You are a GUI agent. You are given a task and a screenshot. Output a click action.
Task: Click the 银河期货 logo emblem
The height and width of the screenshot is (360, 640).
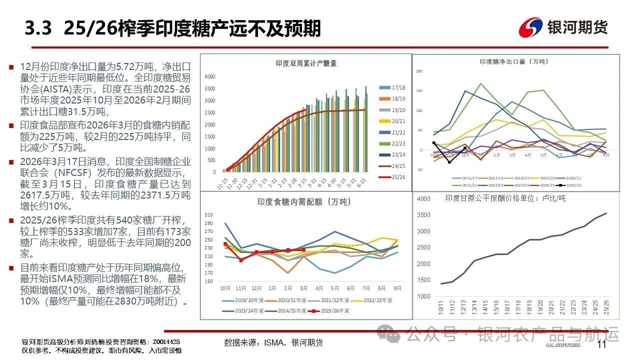pyautogui.click(x=530, y=27)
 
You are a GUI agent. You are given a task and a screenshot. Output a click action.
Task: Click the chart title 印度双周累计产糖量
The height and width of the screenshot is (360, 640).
pyautogui.click(x=306, y=63)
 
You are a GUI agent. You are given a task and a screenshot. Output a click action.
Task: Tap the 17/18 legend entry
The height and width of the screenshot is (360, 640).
pyautogui.click(x=395, y=87)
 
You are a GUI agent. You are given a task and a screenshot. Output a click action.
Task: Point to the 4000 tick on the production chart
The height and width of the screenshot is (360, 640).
pyautogui.click(x=209, y=76)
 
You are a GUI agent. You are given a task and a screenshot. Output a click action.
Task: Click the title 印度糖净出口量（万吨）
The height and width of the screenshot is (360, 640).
pyautogui.click(x=513, y=61)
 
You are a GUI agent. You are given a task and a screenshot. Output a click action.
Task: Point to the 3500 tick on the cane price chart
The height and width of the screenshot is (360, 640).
pyautogui.click(x=423, y=215)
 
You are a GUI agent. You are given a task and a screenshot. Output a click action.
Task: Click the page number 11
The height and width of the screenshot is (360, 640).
pyautogui.click(x=601, y=344)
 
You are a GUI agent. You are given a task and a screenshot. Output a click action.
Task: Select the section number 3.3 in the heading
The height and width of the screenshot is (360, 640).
pyautogui.click(x=38, y=29)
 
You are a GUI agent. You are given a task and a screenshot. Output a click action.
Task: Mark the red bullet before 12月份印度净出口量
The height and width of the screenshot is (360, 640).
pyautogui.click(x=11, y=67)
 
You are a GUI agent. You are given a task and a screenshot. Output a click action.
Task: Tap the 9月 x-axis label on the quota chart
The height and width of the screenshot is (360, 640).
pyautogui.click(x=397, y=288)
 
